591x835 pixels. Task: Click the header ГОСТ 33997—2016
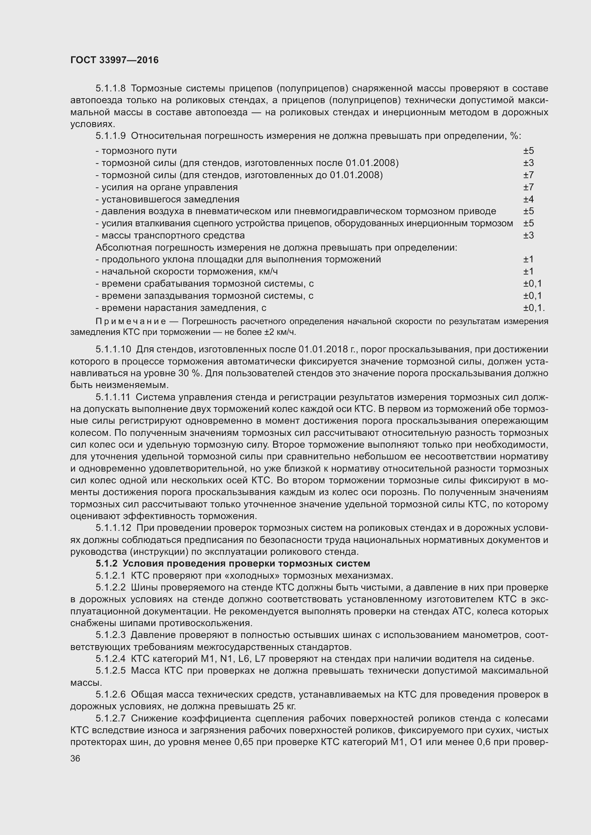tap(114, 60)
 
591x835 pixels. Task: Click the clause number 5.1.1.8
tap(110, 89)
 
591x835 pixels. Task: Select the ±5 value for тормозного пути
tap(528, 151)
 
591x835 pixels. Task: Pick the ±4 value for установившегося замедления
tap(528, 199)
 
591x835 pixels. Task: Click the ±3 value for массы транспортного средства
tap(528, 235)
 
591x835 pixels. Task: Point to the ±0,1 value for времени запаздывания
tap(532, 296)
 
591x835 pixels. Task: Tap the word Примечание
tap(131, 322)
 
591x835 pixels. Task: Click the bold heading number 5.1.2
tap(106, 564)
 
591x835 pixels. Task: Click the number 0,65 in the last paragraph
tap(244, 742)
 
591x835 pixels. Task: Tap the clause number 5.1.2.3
tap(110, 635)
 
